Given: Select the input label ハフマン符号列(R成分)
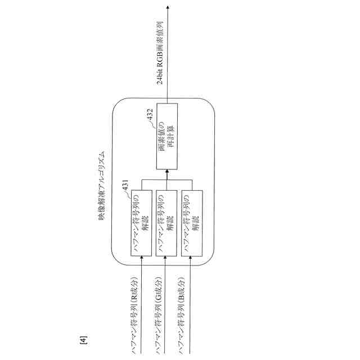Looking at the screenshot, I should coord(135,315).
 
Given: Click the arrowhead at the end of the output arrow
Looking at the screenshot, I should coord(167,7).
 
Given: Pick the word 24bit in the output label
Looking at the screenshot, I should coord(160,76).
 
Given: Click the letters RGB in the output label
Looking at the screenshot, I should coord(160,61).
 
